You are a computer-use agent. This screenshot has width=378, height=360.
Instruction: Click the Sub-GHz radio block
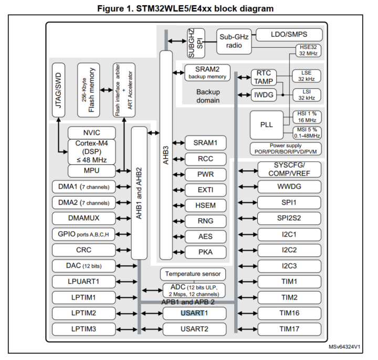click(x=234, y=40)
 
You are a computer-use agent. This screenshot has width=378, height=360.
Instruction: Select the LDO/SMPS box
click(x=289, y=34)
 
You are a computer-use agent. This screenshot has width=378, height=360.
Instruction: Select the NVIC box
click(x=91, y=132)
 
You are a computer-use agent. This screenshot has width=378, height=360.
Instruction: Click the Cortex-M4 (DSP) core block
click(x=91, y=151)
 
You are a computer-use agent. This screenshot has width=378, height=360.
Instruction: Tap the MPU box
click(x=91, y=171)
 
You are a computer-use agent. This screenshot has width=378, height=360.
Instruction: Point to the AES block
click(x=205, y=236)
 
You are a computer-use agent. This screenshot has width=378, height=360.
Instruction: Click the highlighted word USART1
click(x=194, y=313)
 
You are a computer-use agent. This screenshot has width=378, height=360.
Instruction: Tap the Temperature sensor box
click(x=193, y=274)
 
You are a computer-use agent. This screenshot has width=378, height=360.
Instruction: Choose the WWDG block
click(x=289, y=187)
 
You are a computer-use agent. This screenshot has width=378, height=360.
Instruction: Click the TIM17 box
click(x=289, y=329)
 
